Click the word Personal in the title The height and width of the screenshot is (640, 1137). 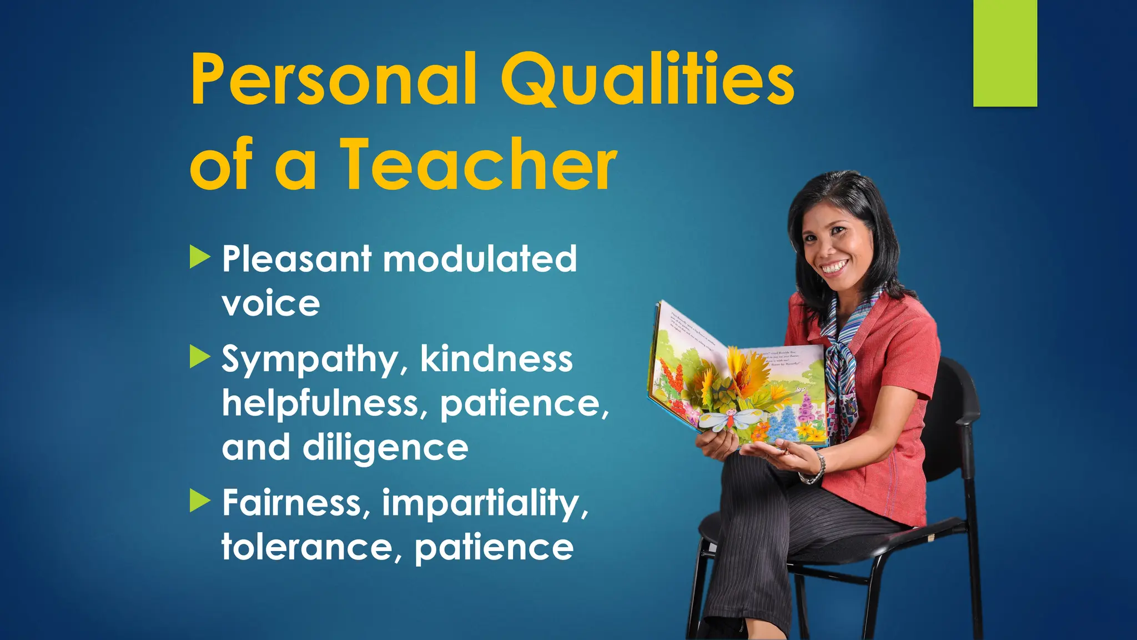[333, 79]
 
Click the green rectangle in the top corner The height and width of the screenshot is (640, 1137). [1005, 53]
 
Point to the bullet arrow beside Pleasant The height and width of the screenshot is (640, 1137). [200, 257]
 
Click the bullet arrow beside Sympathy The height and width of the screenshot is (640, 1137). [200, 357]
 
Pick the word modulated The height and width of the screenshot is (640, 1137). [480, 259]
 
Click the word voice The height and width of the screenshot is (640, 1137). [271, 303]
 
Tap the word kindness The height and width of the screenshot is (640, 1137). [496, 359]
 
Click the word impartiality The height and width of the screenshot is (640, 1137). [485, 503]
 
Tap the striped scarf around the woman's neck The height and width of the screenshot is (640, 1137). [844, 356]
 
